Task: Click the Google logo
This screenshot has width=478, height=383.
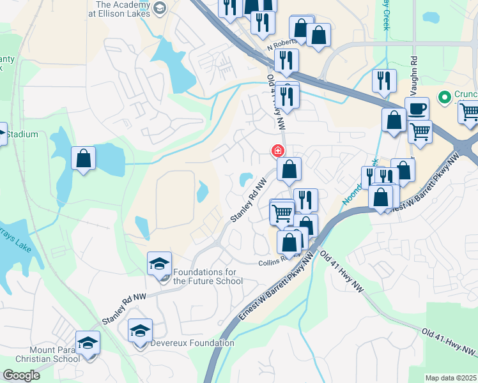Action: tap(21, 375)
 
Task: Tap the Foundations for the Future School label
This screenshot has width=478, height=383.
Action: tap(204, 276)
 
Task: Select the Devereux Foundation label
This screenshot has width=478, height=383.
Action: tap(192, 343)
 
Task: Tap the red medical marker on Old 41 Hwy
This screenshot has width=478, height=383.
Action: tap(278, 151)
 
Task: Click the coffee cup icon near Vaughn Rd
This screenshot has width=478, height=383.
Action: tap(417, 108)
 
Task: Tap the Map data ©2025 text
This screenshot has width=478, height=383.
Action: tap(451, 378)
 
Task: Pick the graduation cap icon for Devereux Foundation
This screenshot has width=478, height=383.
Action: tap(140, 330)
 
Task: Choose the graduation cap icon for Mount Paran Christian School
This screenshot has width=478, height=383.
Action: tap(88, 342)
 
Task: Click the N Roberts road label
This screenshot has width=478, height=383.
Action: tap(282, 42)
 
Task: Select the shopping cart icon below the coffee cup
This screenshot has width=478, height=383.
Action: tap(420, 131)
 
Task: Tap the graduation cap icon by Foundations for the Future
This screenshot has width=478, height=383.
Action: tap(159, 263)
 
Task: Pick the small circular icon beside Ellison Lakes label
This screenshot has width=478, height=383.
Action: tap(159, 8)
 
